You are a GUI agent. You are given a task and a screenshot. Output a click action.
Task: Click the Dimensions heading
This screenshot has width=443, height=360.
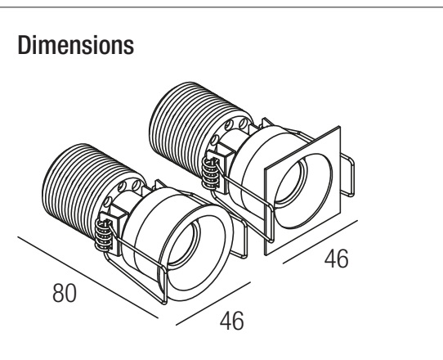point(76,45)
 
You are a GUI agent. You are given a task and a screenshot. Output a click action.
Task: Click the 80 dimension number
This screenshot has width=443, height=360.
point(65,293)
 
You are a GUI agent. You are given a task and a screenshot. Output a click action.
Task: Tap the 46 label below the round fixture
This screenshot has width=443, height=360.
point(231,321)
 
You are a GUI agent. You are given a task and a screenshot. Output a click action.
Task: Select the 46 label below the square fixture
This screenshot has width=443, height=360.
point(336,259)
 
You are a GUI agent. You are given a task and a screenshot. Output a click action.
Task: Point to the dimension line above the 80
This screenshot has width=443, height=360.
point(87,277)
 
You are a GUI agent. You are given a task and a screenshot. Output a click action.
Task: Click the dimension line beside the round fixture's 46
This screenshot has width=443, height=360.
point(213,304)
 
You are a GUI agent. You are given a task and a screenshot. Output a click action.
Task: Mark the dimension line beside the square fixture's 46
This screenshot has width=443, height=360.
point(320,242)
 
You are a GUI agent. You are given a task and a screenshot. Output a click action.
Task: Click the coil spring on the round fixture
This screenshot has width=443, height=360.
point(104,236)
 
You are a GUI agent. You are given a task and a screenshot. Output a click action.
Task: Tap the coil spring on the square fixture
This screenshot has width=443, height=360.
point(211,173)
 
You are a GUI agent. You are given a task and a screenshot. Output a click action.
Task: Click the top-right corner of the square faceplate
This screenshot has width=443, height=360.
point(340,127)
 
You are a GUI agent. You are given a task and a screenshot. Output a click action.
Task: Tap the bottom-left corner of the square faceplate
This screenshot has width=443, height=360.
point(266,254)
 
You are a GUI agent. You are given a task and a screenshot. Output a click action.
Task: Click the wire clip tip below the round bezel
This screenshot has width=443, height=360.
point(164,304)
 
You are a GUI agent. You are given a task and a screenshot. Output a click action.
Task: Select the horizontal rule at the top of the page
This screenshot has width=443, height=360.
point(221,7)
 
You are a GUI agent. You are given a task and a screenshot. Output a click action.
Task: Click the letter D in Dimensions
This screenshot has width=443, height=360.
point(24,45)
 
